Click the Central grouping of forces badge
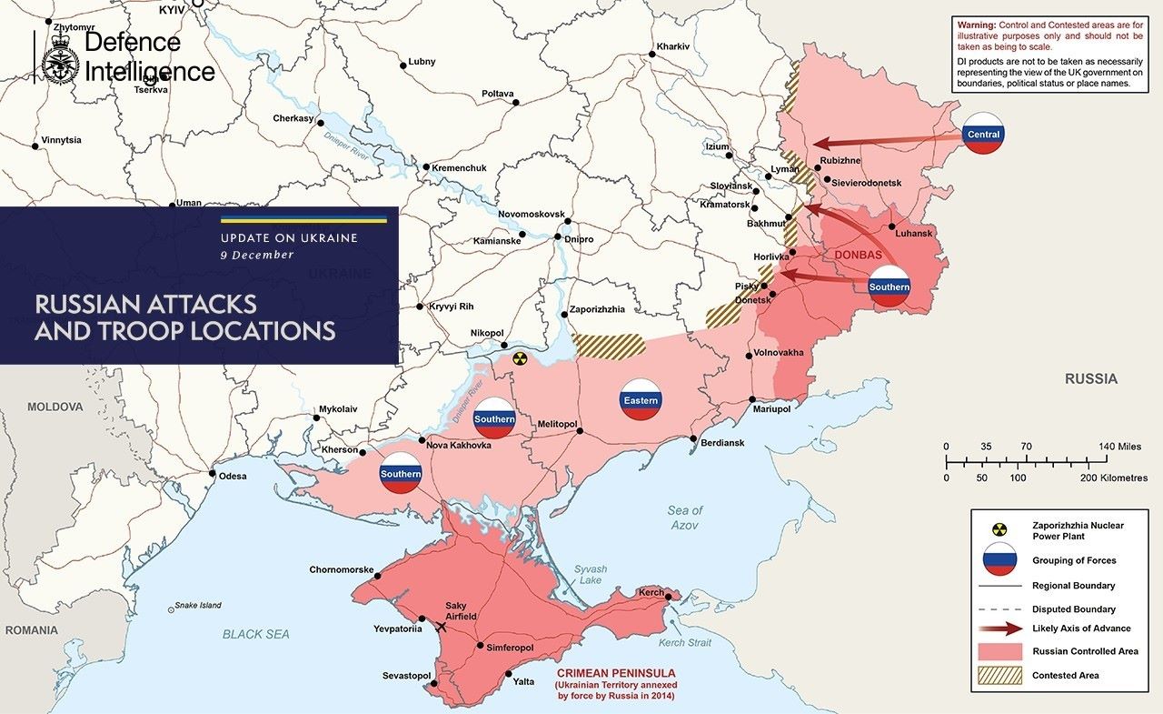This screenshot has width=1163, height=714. pos(983,134)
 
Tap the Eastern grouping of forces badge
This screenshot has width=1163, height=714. pos(641,399)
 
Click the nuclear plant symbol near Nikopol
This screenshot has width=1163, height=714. pos(519,358)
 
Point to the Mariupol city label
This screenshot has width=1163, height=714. pos(771,409)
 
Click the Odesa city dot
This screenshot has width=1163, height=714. pos(212,474)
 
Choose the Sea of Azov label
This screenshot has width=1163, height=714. pos(684,518)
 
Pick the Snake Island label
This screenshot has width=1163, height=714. pos(198,605)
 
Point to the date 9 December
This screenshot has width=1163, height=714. pos(257,255)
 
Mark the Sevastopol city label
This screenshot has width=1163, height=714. pos(406,676)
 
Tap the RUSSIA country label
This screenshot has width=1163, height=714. pos(1091,379)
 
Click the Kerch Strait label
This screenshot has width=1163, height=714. pos(684,643)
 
